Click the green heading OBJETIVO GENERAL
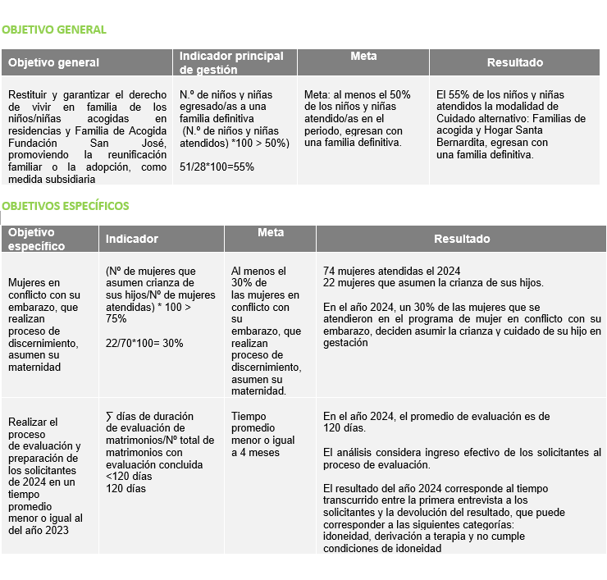point(54,30)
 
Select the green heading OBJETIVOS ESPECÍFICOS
point(65,206)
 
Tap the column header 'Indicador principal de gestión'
point(231,62)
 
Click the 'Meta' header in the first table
point(363,57)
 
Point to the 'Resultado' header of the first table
point(514,62)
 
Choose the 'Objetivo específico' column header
point(36,239)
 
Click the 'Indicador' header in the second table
point(131,239)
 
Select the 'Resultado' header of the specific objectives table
point(462,239)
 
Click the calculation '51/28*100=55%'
point(217,167)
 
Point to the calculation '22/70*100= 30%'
point(144,343)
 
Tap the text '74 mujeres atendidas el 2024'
point(391,272)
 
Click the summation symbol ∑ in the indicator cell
point(110,417)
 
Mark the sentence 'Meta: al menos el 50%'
point(357,94)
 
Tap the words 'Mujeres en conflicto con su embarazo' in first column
point(43,295)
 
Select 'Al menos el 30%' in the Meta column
point(259,277)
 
